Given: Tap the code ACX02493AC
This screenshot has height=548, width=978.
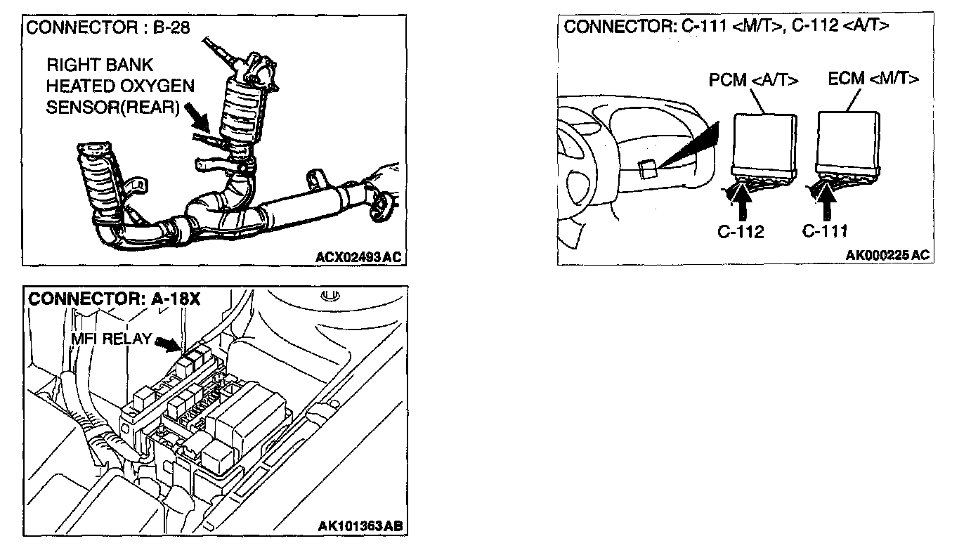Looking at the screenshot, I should coord(358,257).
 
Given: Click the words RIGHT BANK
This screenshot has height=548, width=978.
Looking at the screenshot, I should coord(99,66).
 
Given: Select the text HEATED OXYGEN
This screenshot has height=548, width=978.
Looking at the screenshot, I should coord(120,87).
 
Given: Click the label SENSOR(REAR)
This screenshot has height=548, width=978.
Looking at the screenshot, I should coord(113,108).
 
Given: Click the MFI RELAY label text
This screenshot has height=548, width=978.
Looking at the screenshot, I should coord(111,339).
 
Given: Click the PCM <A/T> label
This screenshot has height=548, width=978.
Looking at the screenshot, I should coord(754,80).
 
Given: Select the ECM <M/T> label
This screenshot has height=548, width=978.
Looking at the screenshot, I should coord(873,79).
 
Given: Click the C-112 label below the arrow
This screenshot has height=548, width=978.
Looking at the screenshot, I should coord(741,232).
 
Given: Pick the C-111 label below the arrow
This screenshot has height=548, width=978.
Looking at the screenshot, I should coord(826,231).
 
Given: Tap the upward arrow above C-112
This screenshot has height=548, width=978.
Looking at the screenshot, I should coord(744,202).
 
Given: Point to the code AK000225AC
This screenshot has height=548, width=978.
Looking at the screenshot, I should coord(887,255).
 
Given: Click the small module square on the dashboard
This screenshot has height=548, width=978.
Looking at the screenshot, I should coord(648,168).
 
